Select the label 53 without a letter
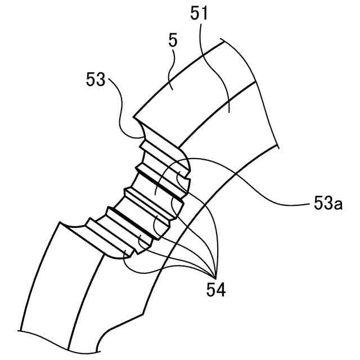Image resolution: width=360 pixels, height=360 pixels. pos(96,79)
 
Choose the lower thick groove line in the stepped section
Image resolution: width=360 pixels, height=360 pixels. pos(132,219)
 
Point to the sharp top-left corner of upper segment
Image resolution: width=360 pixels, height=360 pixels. pos(133,118)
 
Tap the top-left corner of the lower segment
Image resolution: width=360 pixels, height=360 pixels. pos(57,222)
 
